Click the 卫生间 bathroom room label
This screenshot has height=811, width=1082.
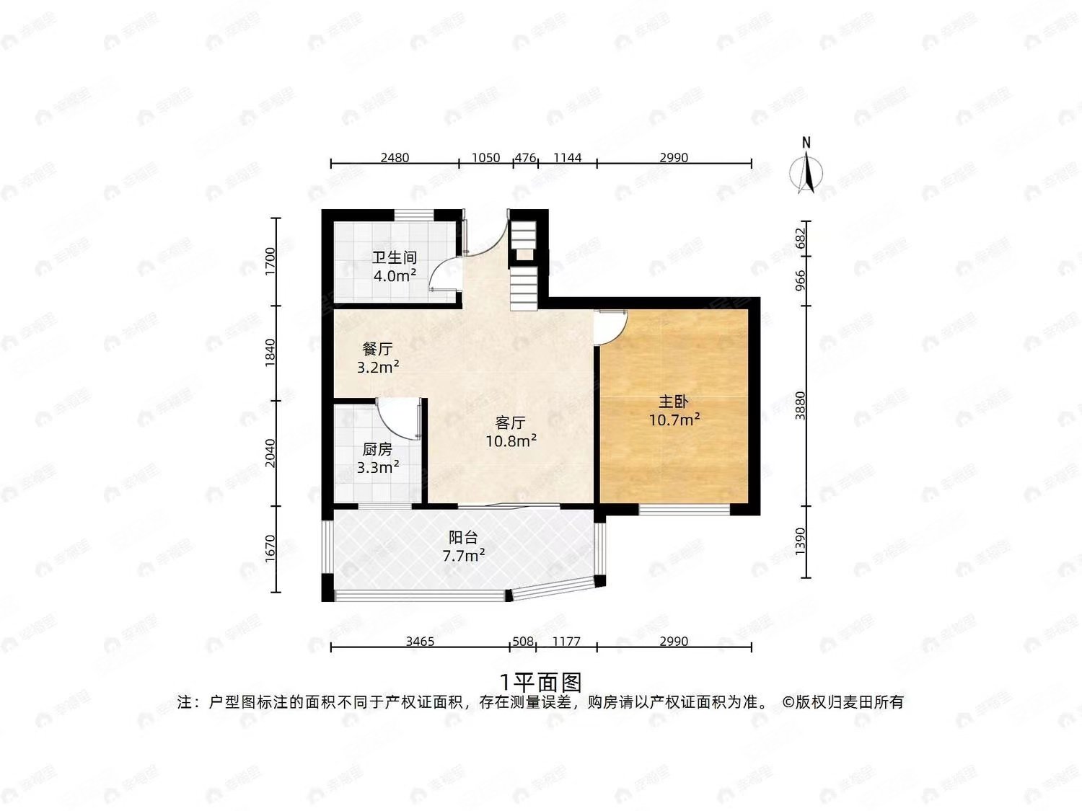pos(395,257)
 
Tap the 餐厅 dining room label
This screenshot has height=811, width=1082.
pos(377,349)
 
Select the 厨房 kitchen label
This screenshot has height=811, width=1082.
pos(377,450)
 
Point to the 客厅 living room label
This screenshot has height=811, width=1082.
pos(510,423)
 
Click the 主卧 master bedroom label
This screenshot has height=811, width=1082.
pos(674,402)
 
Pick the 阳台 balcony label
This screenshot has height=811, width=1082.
pos(463,537)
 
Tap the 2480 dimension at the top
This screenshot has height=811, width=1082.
pos(395,157)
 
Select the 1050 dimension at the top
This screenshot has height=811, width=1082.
pos(485,157)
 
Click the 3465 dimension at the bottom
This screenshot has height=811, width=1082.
pos(420,641)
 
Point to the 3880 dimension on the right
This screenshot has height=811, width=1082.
pos(799,405)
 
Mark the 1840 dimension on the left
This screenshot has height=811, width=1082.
pos(270,353)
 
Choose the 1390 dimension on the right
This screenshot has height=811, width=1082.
pos(799,541)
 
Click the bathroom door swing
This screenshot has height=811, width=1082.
pos(446,274)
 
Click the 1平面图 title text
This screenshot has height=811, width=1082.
pos(540,681)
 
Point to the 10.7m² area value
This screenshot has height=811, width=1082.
pos(674,420)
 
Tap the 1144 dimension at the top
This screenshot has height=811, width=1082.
pos(567,157)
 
